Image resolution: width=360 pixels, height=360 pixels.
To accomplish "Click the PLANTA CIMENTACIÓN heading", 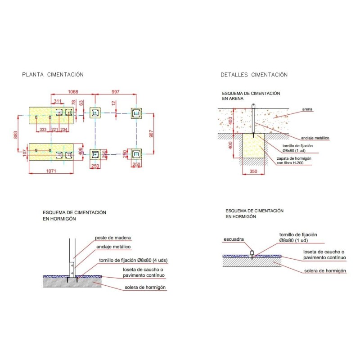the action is (53, 75).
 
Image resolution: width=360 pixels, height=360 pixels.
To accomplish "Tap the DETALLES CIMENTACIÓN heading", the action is (254, 75).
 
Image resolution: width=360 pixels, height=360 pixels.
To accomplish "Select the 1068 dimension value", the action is (73, 92).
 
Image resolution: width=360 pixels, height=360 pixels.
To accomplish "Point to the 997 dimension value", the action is (116, 92).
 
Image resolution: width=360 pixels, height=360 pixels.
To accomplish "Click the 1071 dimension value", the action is (51, 171).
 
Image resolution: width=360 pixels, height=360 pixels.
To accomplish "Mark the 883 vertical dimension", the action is (16, 135).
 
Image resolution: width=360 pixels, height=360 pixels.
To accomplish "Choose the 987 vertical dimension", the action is (151, 134).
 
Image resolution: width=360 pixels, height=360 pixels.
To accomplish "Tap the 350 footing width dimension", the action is (253, 171).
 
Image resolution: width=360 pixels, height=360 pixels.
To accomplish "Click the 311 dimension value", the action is (58, 101).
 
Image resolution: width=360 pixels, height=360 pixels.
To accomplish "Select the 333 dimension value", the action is (43, 130).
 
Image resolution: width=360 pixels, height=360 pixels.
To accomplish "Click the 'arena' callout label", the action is (307, 109).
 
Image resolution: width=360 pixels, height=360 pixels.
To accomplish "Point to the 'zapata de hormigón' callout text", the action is (294, 158).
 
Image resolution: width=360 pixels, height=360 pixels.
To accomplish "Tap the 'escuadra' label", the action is (234, 239).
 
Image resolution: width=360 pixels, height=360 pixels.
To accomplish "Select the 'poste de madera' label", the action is (113, 238).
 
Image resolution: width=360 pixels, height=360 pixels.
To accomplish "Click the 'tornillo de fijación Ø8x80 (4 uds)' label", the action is (133, 261).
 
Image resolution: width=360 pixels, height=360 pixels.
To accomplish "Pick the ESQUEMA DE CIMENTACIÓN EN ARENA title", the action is (251, 96).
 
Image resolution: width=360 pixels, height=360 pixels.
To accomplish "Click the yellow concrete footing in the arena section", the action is (253, 145).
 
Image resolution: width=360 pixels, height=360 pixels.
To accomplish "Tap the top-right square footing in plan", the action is (136, 113).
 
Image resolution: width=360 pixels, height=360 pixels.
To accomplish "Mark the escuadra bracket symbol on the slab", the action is (252, 252).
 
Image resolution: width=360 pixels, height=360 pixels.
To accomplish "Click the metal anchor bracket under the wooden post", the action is (72, 270).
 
